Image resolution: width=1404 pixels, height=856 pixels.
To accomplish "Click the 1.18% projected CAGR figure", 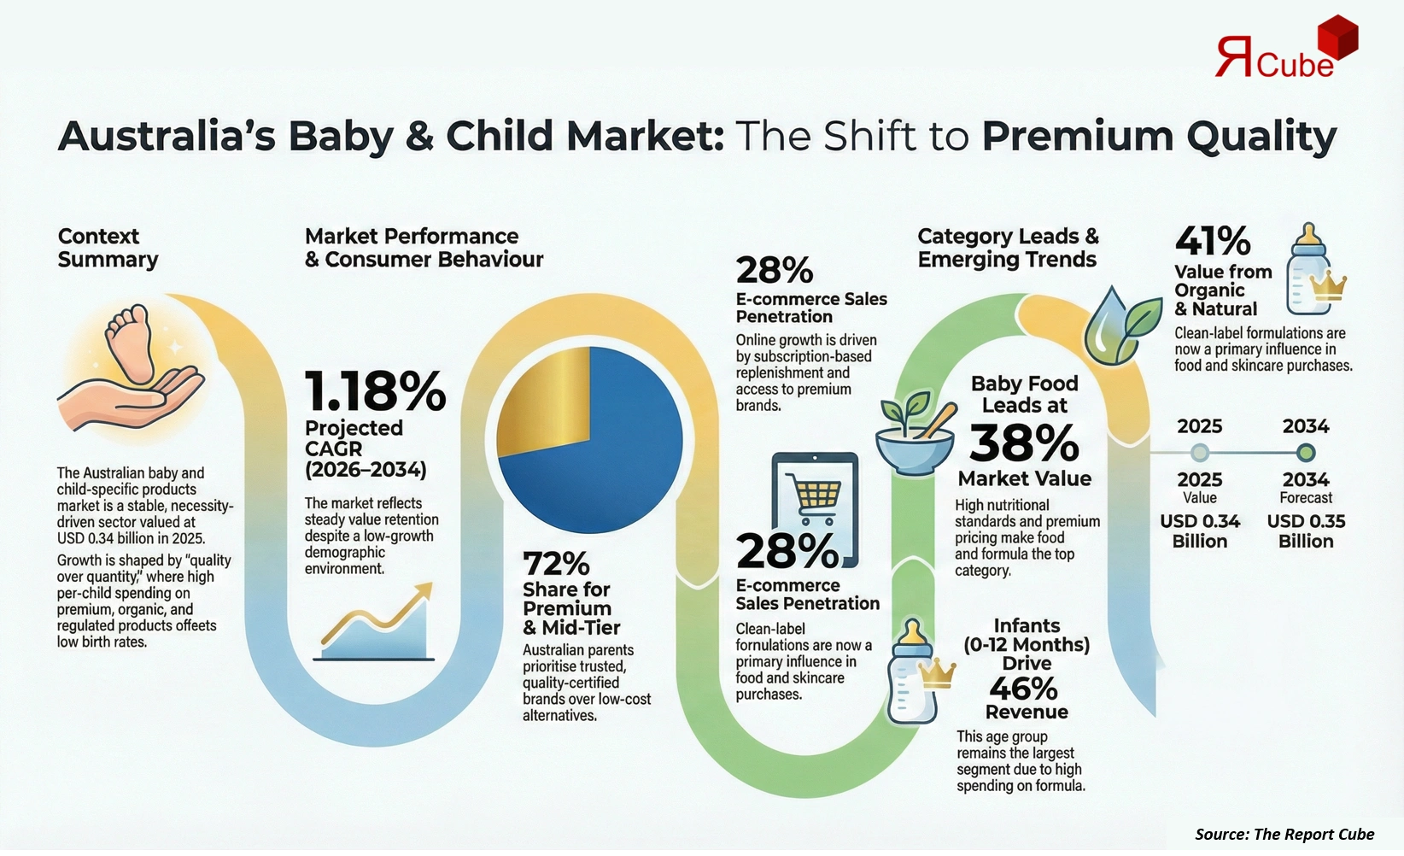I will coord(375,391).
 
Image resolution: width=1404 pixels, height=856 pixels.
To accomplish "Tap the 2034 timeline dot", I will coord(1306,452).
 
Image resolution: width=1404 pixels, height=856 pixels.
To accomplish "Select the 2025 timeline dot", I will coord(1200,452).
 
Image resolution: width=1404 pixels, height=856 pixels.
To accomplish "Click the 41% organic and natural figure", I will coord(1213,242).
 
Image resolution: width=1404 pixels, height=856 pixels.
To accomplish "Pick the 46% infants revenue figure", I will coord(1023,689).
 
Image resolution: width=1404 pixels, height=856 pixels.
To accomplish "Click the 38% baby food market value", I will coord(1024,443).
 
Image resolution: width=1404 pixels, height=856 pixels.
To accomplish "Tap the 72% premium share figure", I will coord(556,564).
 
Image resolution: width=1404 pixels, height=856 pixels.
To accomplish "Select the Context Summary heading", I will coord(108,248).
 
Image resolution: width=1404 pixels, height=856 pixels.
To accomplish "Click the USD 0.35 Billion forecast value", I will coord(1306,531).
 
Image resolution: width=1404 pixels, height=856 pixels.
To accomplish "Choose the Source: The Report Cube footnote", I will coord(1284,834).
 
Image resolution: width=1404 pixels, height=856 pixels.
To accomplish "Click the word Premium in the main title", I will coord(1077,137).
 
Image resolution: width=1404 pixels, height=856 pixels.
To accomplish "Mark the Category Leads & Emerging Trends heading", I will coord(1008,248).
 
